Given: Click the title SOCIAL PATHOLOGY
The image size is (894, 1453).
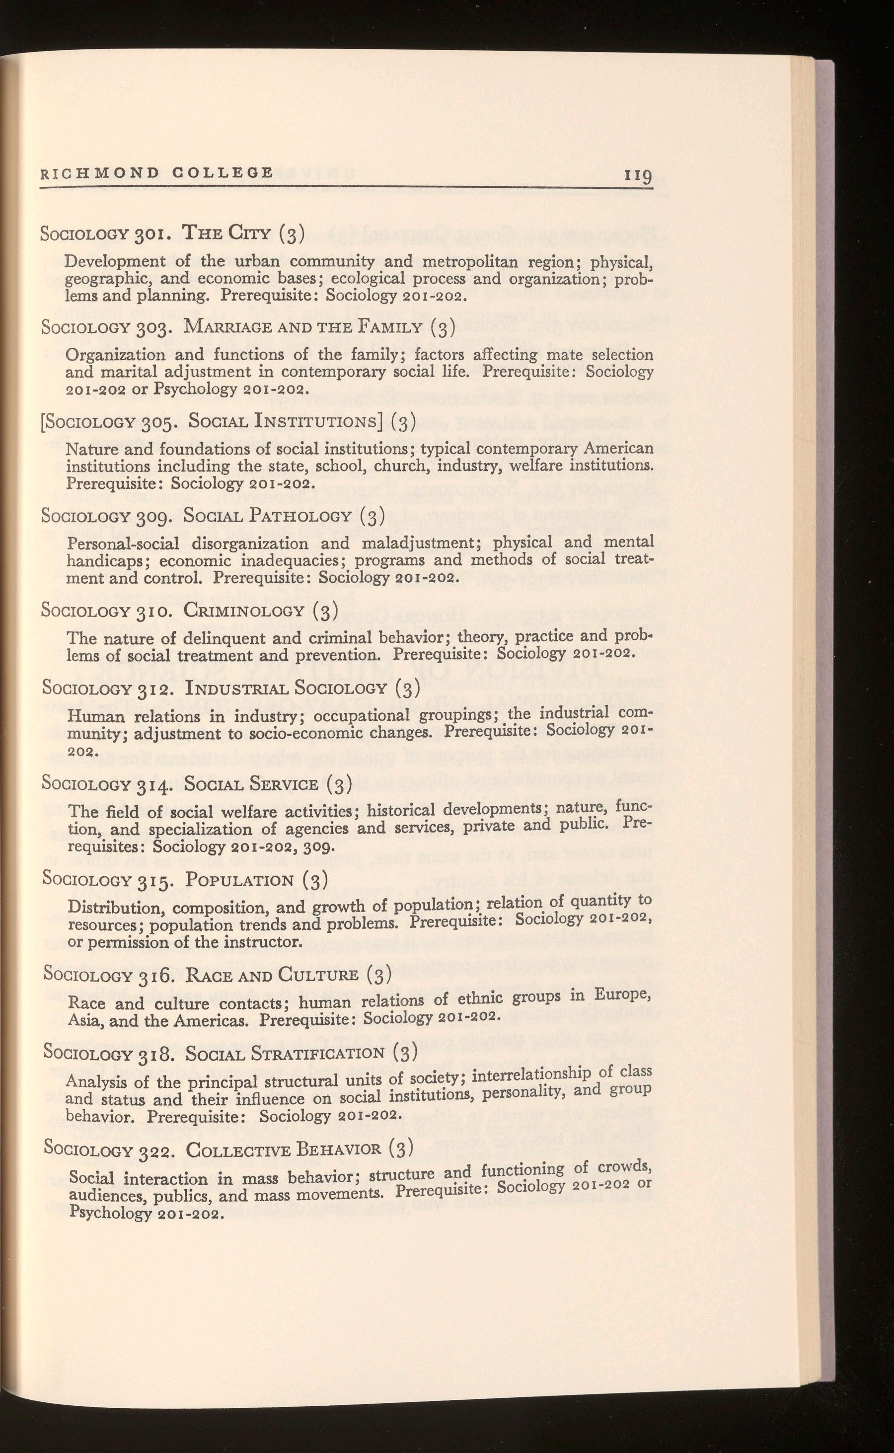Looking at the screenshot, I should click(x=268, y=516).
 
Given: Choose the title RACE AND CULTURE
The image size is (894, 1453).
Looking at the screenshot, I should click(x=271, y=976).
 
